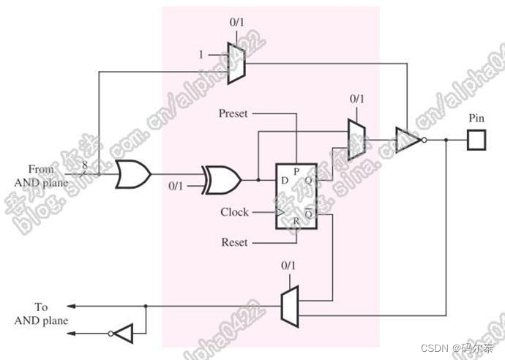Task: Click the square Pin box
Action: [x=476, y=139]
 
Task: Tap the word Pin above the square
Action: [x=476, y=118]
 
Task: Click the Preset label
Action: [x=233, y=114]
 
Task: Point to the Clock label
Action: [x=234, y=212]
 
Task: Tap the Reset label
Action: [x=234, y=241]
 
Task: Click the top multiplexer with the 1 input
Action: [x=236, y=62]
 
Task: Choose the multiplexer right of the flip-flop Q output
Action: [x=356, y=139]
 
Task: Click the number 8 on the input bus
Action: [x=85, y=167]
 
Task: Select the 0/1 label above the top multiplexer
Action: [x=237, y=23]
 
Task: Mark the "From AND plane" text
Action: [x=42, y=176]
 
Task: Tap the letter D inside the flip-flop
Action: [x=283, y=180]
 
